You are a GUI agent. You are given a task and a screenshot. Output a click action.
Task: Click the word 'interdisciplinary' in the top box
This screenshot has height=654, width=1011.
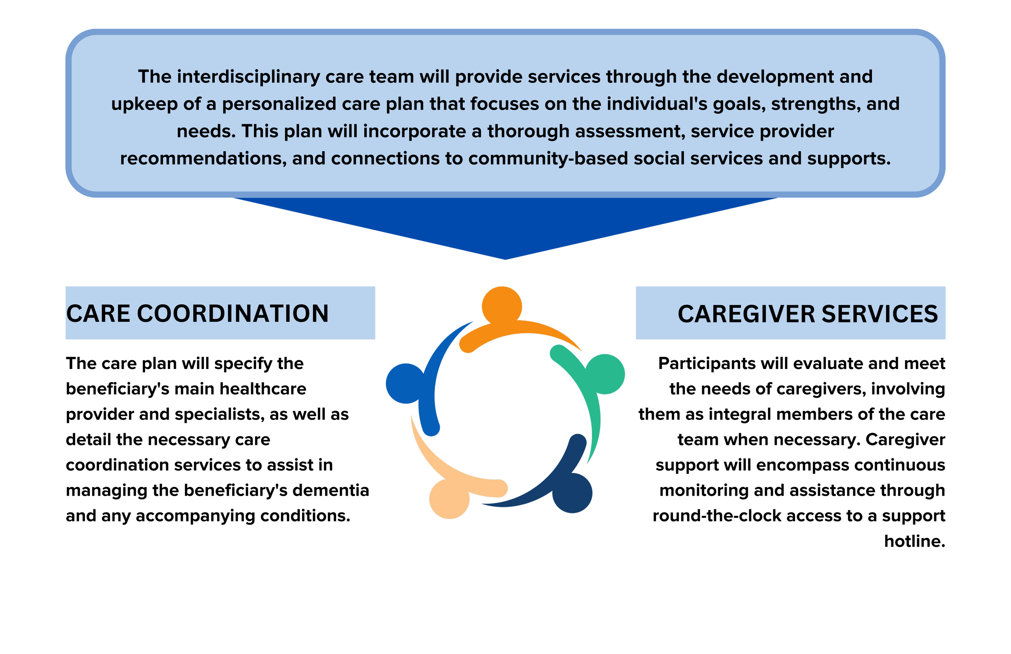pos(248,77)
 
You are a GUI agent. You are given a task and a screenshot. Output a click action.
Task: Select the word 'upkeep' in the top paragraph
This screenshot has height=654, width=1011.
pos(144,104)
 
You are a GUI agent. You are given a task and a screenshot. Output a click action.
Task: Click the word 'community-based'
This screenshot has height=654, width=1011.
pos(548,159)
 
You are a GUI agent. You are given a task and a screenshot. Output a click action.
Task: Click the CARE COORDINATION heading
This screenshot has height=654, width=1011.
pos(197,313)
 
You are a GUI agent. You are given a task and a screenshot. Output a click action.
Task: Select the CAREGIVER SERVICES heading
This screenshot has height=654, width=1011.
pos(808,314)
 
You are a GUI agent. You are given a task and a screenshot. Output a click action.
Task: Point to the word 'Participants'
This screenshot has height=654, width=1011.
pos(706,363)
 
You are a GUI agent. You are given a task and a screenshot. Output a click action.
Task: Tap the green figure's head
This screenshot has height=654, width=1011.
pos(605,374)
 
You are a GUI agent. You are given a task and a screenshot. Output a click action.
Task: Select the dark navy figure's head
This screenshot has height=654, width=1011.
pos(572,493)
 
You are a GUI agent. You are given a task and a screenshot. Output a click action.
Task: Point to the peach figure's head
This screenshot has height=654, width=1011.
pos(449,499)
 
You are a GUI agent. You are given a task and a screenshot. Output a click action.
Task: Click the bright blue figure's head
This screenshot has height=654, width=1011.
pos(406,384)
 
